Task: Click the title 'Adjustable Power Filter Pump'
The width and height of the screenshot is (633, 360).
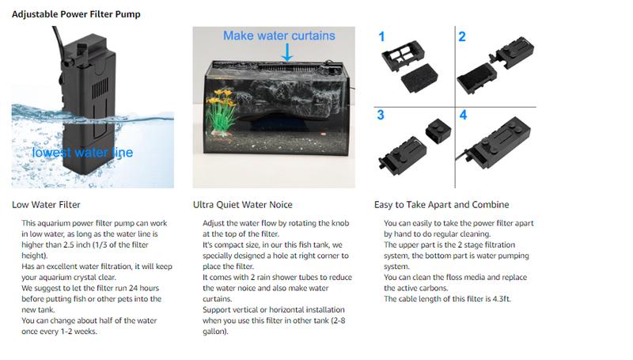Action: point(76,14)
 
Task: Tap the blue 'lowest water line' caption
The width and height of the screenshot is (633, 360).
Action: point(82,153)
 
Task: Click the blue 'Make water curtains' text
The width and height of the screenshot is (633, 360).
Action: point(279,36)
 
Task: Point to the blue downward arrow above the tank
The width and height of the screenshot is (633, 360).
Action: point(287,52)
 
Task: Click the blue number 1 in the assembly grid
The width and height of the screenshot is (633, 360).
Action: point(381,36)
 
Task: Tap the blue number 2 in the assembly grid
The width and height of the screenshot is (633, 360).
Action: point(462,36)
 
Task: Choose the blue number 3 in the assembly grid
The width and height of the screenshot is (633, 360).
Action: point(381,115)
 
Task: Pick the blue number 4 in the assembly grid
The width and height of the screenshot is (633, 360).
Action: point(463,115)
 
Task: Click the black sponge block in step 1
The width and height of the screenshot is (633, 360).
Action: point(419,78)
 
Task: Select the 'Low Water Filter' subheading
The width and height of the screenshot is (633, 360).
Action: point(46,205)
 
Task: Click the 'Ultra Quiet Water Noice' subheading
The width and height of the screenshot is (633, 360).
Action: point(243,205)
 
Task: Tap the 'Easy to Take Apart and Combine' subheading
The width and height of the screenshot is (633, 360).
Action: point(442,205)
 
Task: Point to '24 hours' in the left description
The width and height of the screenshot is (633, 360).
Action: point(144,288)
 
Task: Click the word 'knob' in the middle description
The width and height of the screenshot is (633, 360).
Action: point(340,223)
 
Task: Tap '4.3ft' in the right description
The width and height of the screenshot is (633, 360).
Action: point(501,299)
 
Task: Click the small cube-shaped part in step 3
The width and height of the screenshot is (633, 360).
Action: point(438,131)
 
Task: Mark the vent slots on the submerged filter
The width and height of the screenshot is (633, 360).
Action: point(100,89)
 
